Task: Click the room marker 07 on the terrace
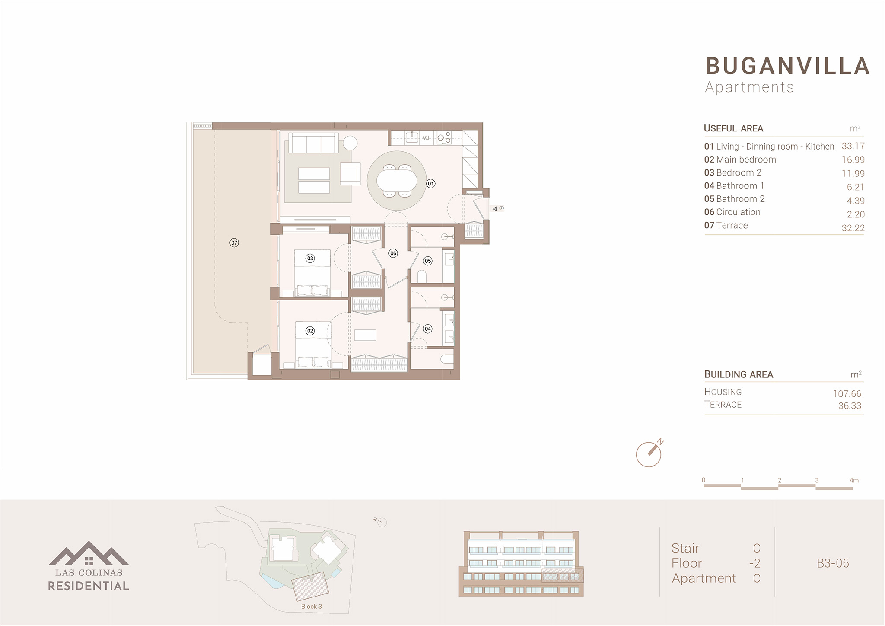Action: pos(234,243)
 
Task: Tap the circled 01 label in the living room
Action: pos(431,184)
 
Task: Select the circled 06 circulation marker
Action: pos(393,253)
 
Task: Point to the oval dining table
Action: pos(397,180)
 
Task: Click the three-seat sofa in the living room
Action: pos(314,143)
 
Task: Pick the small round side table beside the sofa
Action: pos(350,143)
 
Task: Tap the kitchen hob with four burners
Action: pos(444,137)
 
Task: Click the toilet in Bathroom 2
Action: pos(422,276)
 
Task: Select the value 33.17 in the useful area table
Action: pos(853,146)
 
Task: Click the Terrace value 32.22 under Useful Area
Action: pos(853,228)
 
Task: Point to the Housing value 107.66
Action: pos(847,394)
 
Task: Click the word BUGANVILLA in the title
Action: pos(787,66)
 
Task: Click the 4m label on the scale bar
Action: pos(854,480)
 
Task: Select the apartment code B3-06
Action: pos(833,563)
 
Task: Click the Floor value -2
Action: pos(754,563)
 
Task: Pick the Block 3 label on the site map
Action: pos(312,607)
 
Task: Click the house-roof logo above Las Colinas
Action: pos(89,553)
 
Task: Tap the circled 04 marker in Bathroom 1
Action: pos(428,329)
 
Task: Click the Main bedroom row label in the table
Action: pos(740,160)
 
